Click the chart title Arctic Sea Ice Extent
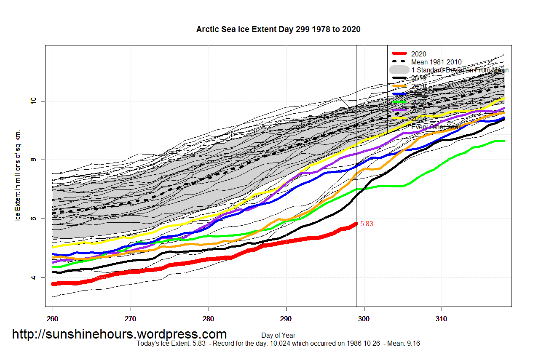coord(278,29)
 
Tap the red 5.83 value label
coord(367,224)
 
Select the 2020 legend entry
coord(418,54)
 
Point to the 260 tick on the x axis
coord(53,319)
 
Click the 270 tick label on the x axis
coord(131,319)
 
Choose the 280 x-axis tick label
coord(208,319)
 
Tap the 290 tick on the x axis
coord(286,319)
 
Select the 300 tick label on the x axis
coord(364,319)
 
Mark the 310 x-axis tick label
coord(442,319)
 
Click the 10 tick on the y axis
coord(35,101)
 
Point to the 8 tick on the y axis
coord(35,160)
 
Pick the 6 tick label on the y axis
coord(35,219)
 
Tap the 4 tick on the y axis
coord(35,278)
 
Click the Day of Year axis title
coord(278,336)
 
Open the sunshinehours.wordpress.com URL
coord(119,334)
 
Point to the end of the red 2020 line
coord(356,224)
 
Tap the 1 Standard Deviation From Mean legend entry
coord(459,70)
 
